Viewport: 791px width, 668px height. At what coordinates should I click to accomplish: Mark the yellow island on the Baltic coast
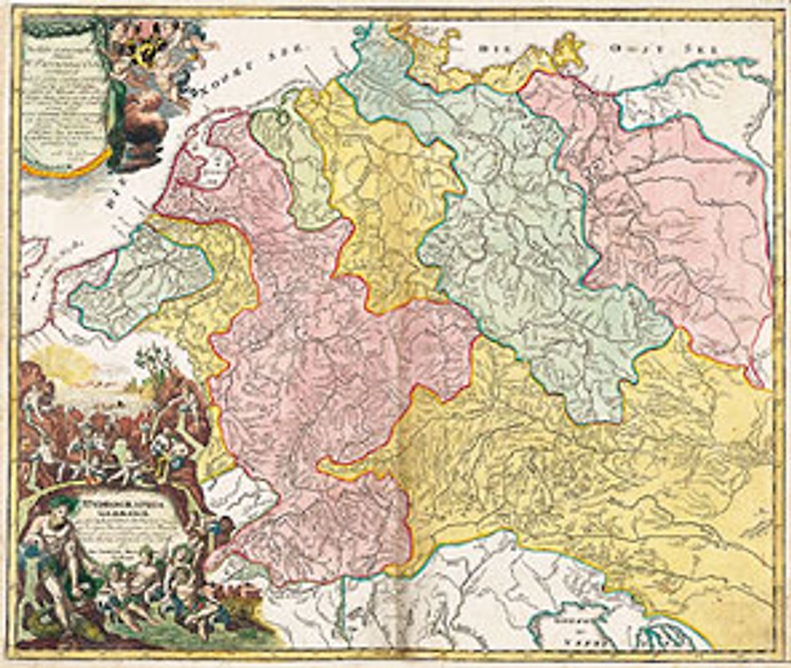point(570,49)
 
